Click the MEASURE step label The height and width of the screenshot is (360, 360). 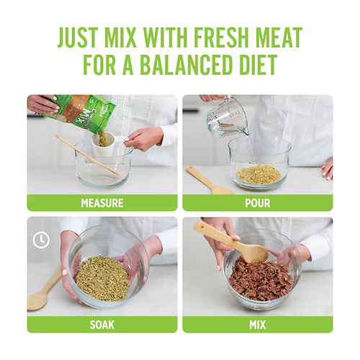(x=102, y=203)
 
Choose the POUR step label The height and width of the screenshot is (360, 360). (x=258, y=203)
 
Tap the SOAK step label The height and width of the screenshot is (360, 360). (x=102, y=325)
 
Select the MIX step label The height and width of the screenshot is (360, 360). (x=258, y=325)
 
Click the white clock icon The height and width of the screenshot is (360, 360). (x=41, y=240)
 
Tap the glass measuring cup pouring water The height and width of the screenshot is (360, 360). (x=227, y=117)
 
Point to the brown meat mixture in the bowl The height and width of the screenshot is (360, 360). (x=261, y=279)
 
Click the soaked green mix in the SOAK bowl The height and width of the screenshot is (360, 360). (x=103, y=279)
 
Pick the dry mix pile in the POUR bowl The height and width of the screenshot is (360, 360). (x=258, y=174)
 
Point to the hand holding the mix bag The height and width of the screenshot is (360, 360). (x=42, y=104)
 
